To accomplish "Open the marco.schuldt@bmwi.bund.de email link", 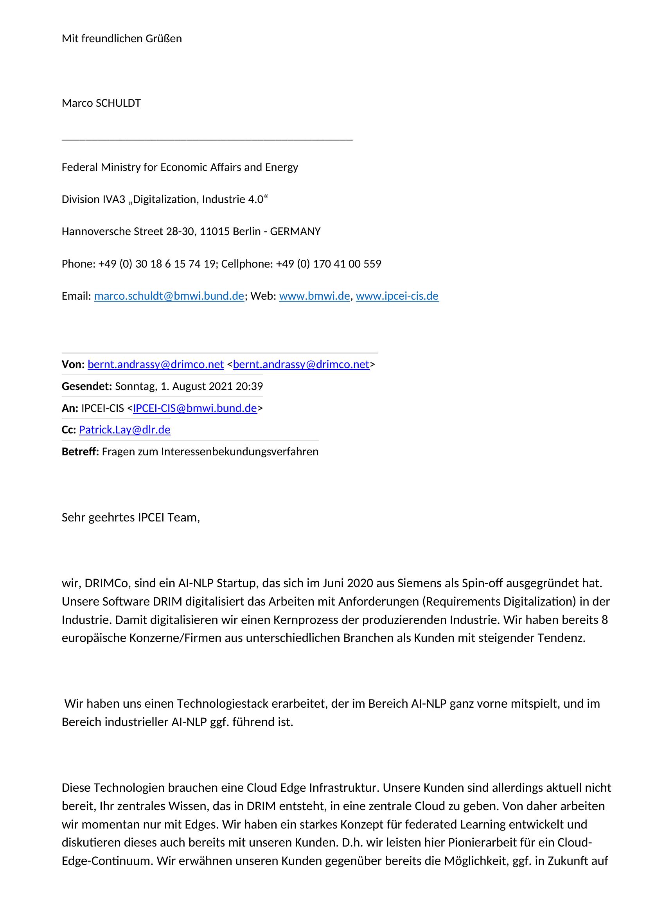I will click(x=169, y=296).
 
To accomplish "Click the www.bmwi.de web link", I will click(x=315, y=296).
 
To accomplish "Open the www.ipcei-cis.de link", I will click(x=397, y=296).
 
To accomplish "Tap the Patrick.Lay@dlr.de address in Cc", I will click(x=125, y=430).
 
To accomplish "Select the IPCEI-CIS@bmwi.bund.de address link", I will click(x=195, y=408).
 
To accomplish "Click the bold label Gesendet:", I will click(x=87, y=386).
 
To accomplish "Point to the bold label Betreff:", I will click(x=80, y=451).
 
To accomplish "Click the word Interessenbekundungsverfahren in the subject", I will click(x=239, y=451).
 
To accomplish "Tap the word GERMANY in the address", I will click(x=295, y=232).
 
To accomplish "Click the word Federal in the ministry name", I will click(x=80, y=167).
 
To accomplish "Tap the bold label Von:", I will click(x=73, y=364).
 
